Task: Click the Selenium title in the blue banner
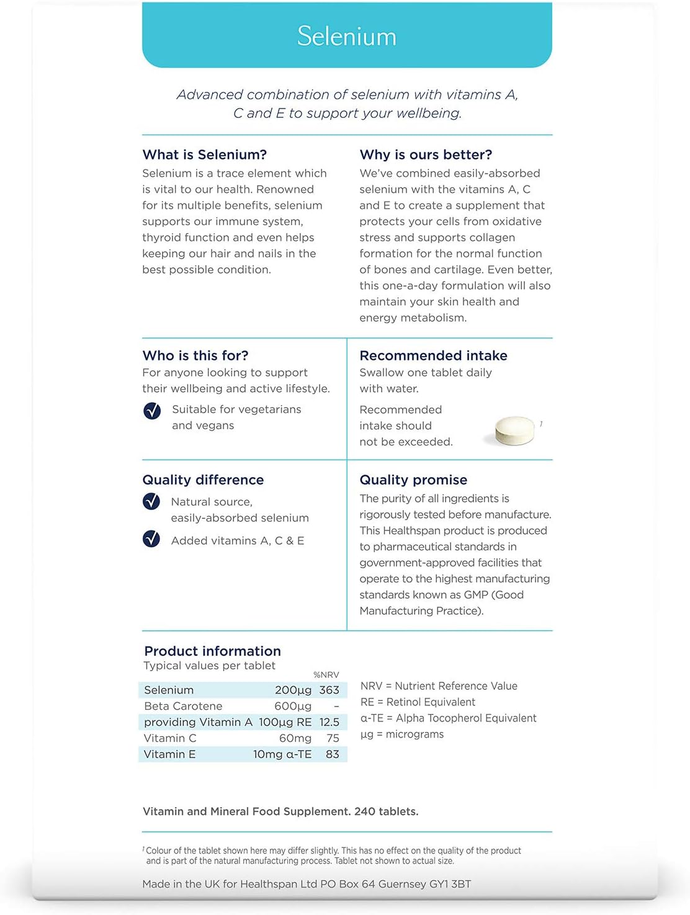click(347, 36)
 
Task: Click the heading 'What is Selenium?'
click(205, 154)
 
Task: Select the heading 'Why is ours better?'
click(426, 154)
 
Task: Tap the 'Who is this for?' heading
click(195, 355)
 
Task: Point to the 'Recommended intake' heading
click(433, 355)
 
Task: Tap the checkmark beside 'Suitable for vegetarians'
click(152, 411)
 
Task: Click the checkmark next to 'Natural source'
click(151, 501)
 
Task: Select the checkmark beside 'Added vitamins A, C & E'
click(151, 538)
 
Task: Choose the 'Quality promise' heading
click(413, 480)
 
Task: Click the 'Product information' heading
click(212, 651)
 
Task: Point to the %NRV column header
click(326, 675)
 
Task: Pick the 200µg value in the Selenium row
click(293, 690)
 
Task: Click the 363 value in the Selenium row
click(329, 690)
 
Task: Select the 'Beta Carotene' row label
click(183, 706)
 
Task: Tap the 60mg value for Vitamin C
click(295, 738)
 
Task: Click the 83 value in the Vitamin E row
click(332, 754)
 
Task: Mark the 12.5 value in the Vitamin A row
click(329, 722)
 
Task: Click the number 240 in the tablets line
click(365, 811)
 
